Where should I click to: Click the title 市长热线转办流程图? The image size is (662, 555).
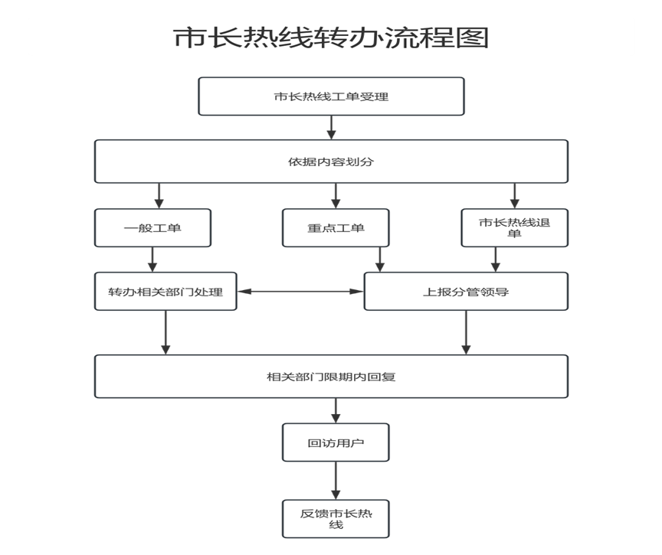(331, 38)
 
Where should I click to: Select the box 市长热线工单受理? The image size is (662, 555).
(332, 96)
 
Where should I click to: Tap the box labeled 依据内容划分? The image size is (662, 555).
(332, 162)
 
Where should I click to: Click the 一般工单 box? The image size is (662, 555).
(152, 227)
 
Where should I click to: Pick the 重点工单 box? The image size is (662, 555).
(336, 227)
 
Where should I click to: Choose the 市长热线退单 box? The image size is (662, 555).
(515, 227)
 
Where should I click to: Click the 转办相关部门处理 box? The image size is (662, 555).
(165, 292)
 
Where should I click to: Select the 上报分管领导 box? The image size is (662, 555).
(466, 292)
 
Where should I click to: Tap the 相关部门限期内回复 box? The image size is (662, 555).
(332, 376)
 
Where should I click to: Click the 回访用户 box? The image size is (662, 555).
(336, 442)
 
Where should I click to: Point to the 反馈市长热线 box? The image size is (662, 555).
(336, 519)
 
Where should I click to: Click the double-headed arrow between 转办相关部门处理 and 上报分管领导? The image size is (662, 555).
(300, 292)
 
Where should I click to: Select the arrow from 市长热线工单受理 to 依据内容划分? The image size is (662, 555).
(332, 127)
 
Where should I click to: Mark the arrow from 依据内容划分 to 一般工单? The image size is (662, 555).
(159, 196)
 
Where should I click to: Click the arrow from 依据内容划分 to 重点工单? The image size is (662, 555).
(336, 196)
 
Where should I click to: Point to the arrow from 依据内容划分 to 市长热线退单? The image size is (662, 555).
(515, 196)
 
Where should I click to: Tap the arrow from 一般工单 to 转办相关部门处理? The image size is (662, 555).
(152, 260)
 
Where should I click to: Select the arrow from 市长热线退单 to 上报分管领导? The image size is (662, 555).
(496, 260)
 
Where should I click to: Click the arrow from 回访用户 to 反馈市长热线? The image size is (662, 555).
(336, 481)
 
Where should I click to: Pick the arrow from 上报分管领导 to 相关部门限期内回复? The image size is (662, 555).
(466, 332)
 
